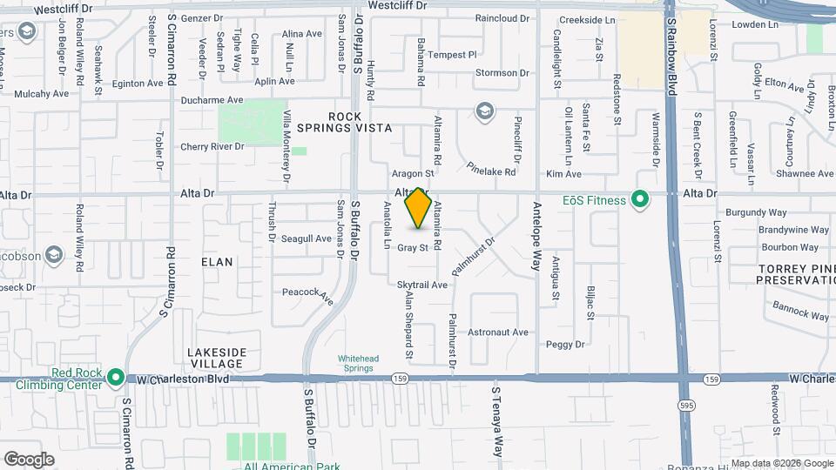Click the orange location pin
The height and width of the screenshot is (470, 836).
(x=419, y=208)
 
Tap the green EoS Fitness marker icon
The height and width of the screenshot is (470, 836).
(x=640, y=201)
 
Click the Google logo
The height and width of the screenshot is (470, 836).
(x=29, y=460)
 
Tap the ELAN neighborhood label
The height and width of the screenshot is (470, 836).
(x=217, y=261)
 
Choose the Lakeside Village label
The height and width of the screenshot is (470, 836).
(x=217, y=358)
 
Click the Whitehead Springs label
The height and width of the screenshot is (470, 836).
(x=355, y=363)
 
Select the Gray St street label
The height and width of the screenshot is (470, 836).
(x=413, y=248)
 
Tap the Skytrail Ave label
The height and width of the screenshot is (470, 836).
(x=422, y=285)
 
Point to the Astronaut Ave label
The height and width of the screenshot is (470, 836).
(x=498, y=332)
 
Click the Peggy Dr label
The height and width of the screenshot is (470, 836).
(x=565, y=345)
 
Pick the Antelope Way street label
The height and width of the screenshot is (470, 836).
(x=537, y=237)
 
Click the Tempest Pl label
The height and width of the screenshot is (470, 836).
(x=452, y=54)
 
